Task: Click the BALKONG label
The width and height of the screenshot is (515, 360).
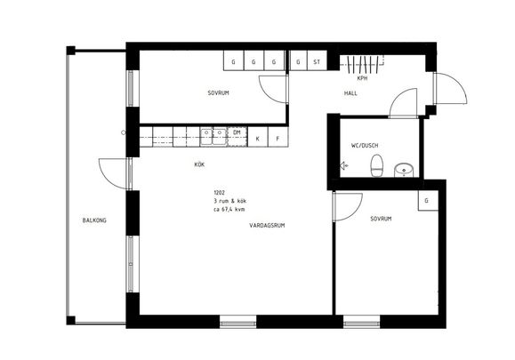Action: [x=94, y=220]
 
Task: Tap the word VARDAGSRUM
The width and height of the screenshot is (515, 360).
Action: [x=268, y=226]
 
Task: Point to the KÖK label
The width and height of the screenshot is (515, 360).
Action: [x=200, y=164]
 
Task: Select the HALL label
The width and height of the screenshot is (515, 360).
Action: [x=350, y=93]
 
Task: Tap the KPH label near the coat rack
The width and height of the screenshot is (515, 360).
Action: [x=362, y=77]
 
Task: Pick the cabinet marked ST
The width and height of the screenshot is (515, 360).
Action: [x=317, y=62]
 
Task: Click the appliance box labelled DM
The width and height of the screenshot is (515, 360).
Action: [x=237, y=132]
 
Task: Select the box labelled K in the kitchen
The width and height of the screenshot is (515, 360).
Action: [x=258, y=139]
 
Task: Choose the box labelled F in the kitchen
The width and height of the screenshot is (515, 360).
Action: [x=278, y=139]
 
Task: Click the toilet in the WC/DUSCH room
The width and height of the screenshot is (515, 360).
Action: [x=377, y=165]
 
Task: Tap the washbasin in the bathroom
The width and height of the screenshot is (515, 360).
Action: [x=405, y=167]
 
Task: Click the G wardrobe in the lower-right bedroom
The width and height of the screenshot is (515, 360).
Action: [x=427, y=201]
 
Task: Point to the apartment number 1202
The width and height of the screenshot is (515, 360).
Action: [x=221, y=193]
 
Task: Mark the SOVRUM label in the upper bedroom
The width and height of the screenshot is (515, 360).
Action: [x=219, y=93]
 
